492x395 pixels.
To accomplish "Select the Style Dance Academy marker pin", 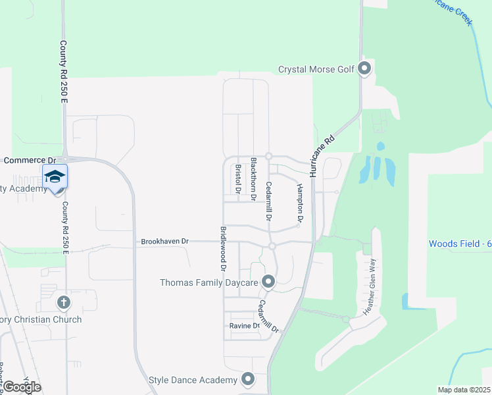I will (248, 379).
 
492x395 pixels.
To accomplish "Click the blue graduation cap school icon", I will (55, 176).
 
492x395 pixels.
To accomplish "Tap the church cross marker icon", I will (64, 303).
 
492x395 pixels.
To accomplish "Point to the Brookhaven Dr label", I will (164, 242).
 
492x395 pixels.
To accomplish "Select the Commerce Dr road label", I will (30, 160).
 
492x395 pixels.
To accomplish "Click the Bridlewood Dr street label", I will (223, 250).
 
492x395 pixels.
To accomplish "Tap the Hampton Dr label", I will (300, 201).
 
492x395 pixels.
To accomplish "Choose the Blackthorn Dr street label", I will (253, 175).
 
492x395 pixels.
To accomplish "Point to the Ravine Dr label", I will (245, 325).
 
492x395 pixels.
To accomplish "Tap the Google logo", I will (22, 387).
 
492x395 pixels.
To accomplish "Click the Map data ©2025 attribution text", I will (463, 390).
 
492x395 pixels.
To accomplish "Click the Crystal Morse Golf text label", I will (316, 69).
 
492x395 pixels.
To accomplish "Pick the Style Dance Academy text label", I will (193, 380).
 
